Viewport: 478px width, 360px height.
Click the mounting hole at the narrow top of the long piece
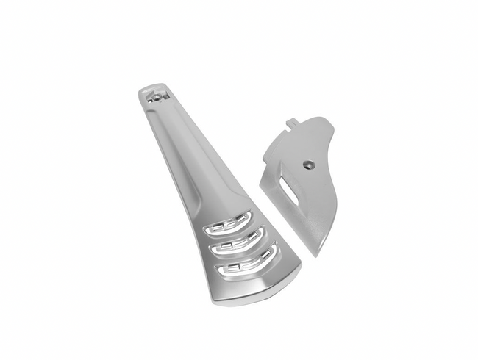[157, 96]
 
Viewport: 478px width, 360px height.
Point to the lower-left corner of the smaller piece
[260, 176]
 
